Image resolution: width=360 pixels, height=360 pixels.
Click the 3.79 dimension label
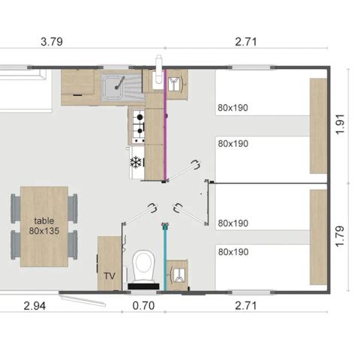[51, 42]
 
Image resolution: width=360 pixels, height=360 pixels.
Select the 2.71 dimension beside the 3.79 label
[246, 42]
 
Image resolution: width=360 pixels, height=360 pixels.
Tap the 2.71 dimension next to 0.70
[246, 305]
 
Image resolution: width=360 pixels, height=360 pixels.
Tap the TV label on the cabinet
[109, 277]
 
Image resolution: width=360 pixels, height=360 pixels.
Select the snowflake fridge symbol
[136, 162]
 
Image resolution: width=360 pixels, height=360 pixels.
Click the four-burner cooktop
[138, 125]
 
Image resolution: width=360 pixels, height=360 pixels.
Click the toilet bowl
[142, 265]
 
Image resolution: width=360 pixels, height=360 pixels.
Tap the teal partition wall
[163, 255]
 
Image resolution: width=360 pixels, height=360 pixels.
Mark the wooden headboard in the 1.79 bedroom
[319, 235]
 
